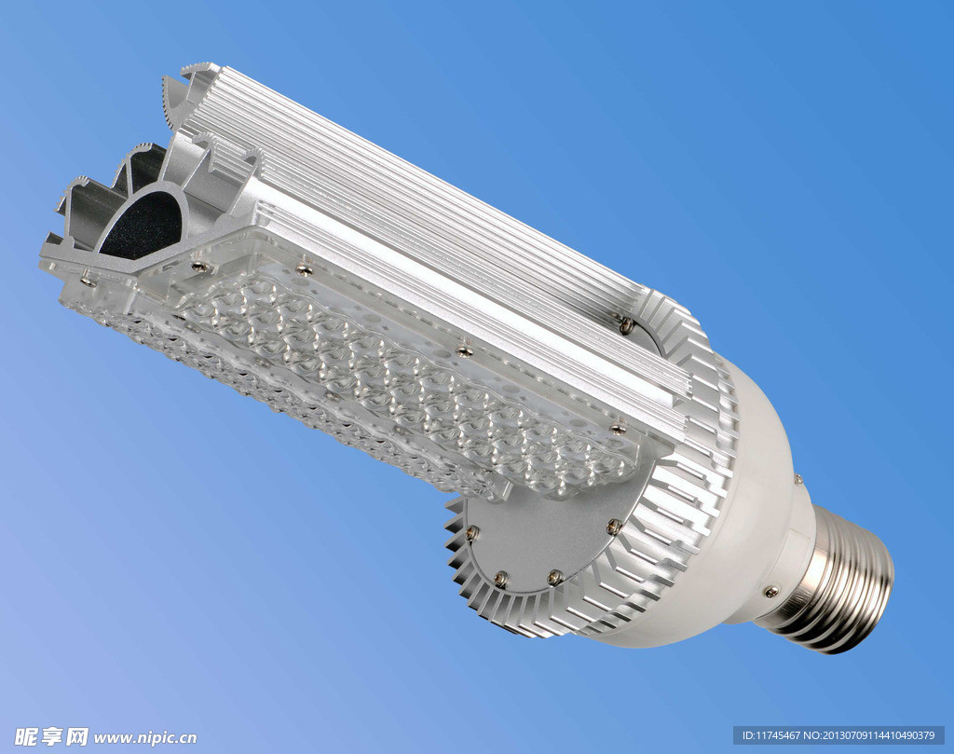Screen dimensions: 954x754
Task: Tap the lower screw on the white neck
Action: pyautogui.click(x=771, y=590)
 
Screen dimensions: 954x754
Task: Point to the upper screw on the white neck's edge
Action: pyautogui.click(x=797, y=481)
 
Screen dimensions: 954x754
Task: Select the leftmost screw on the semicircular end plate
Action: pyautogui.click(x=472, y=534)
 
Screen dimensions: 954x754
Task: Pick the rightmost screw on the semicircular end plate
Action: pyautogui.click(x=614, y=527)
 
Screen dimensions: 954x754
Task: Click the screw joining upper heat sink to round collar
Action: pyautogui.click(x=627, y=325)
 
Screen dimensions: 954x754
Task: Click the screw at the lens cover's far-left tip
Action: pyautogui.click(x=89, y=281)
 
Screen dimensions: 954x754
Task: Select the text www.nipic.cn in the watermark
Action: pyautogui.click(x=144, y=738)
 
